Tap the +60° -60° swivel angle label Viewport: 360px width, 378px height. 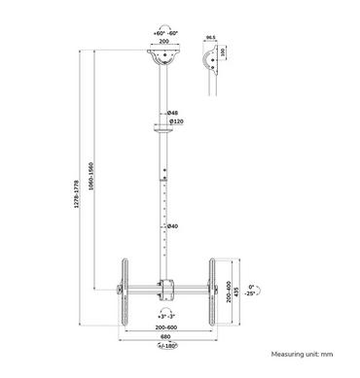coord(164,32)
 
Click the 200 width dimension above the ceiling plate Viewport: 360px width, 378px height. coord(164,44)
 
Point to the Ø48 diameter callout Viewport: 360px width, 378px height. coord(172,112)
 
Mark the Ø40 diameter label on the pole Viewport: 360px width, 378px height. coord(172,226)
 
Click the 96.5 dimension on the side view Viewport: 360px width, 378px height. coord(210,41)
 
